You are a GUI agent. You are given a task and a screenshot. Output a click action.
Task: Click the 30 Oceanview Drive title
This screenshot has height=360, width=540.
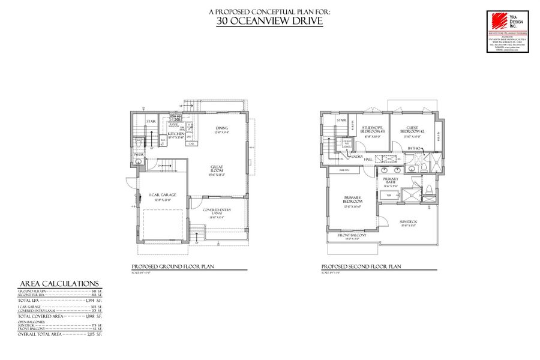(269, 22)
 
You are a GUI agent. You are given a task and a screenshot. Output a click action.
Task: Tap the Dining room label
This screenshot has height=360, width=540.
(223, 128)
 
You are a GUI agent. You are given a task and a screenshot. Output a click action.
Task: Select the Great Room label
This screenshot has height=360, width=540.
(217, 169)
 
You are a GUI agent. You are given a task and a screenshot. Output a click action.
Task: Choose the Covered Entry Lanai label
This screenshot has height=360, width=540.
(217, 211)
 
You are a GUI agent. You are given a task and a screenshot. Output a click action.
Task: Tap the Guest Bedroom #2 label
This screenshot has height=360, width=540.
(415, 129)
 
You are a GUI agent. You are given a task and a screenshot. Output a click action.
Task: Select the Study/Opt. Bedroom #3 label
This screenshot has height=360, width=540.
(373, 129)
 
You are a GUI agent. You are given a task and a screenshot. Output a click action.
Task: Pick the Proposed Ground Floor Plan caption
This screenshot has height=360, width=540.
(173, 267)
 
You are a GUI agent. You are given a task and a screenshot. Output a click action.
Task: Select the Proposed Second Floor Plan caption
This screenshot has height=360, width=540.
(361, 267)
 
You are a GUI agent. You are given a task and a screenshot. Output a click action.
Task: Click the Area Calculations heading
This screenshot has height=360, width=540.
(59, 284)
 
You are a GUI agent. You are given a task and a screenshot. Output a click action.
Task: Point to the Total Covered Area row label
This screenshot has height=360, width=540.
(41, 316)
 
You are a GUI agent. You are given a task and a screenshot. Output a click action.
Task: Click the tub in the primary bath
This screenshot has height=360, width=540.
(389, 196)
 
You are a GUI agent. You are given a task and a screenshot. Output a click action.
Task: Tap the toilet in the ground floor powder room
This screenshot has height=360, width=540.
(139, 146)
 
